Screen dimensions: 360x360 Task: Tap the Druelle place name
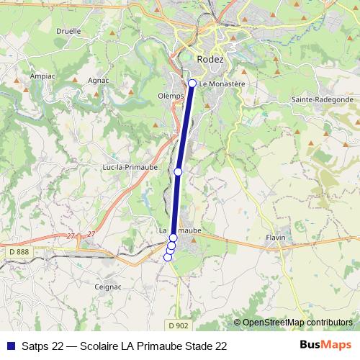tap(68, 32)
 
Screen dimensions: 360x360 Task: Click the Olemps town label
tap(169, 94)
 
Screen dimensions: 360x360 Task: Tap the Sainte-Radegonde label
tap(322, 99)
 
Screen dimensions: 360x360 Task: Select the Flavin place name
tap(276, 237)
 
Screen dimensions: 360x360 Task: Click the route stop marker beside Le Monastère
tap(192, 84)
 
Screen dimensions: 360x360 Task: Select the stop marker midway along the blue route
tap(178, 172)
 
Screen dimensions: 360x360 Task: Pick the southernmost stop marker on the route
tap(168, 257)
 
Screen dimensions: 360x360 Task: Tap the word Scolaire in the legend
tap(92, 346)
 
